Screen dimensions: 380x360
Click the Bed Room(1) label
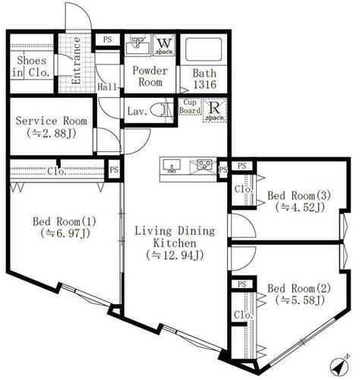(63, 228)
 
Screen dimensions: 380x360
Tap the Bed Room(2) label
(296, 295)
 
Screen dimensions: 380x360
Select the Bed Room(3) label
(296, 201)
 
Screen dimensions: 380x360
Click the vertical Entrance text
(76, 60)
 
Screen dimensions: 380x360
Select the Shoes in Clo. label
(30, 67)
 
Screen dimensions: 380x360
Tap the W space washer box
(164, 45)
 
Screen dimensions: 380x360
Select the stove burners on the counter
(204, 165)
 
